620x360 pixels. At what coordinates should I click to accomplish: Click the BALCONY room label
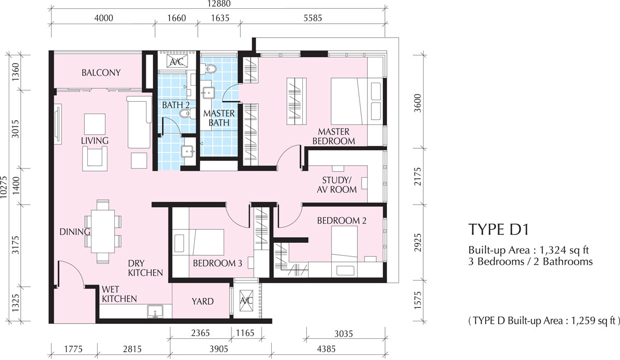101,73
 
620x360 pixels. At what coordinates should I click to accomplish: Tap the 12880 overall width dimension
219,4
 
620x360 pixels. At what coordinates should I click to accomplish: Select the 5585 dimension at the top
313,18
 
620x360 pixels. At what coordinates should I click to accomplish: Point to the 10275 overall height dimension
4,187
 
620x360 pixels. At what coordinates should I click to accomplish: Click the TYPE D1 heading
499,229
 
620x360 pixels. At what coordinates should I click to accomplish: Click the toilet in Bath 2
187,114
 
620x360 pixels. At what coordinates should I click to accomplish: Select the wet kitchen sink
156,311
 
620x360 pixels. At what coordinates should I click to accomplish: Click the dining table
103,231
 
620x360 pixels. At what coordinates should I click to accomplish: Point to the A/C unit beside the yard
246,301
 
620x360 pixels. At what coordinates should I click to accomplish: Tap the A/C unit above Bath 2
177,61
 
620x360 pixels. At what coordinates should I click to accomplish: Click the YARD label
203,301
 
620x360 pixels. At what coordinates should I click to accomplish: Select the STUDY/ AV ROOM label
336,185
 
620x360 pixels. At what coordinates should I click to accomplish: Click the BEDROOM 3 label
218,263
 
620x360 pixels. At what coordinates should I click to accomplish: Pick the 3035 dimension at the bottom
344,334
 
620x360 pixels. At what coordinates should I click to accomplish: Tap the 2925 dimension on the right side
417,243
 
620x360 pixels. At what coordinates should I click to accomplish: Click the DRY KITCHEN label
145,268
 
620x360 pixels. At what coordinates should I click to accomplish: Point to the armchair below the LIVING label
95,159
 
